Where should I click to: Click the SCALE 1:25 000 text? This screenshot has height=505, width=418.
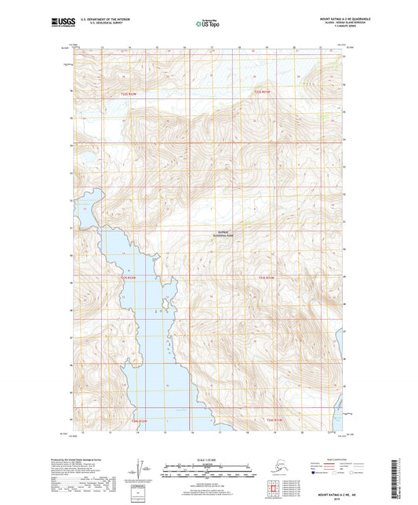click(209, 460)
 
